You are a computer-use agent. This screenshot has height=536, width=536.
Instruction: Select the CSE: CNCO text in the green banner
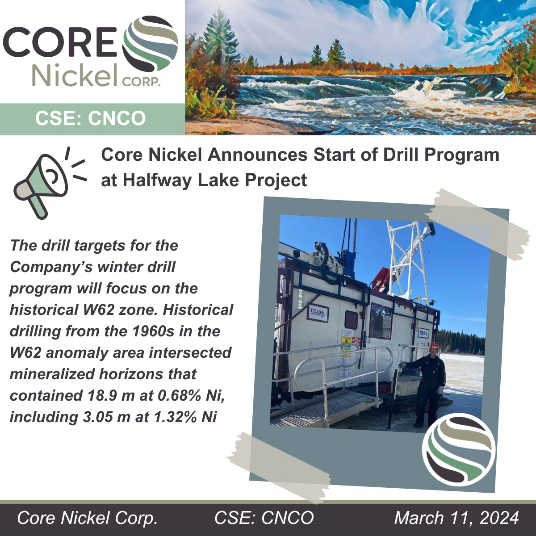coord(90,118)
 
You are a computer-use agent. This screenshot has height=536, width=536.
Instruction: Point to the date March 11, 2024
coord(456,517)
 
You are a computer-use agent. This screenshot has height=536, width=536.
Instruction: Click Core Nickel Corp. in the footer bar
coord(87,518)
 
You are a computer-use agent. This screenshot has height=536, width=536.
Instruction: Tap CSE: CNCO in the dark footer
coord(264,517)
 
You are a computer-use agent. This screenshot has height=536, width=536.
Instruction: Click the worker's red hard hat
coord(434,346)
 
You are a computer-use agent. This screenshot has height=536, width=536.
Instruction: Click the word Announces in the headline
coord(258,155)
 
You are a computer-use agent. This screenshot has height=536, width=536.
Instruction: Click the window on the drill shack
coord(381,321)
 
